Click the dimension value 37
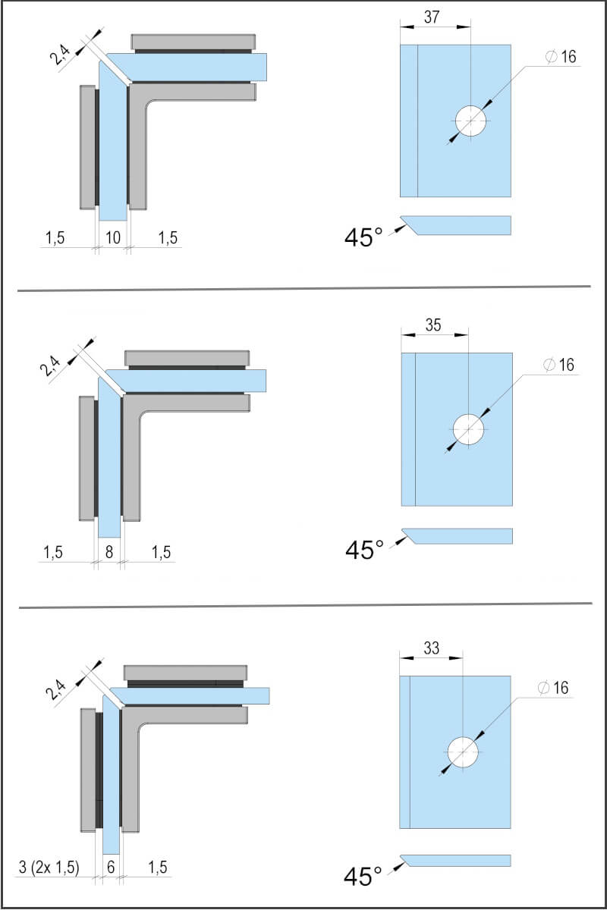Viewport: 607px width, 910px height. point(432,17)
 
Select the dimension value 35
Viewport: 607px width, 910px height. point(433,325)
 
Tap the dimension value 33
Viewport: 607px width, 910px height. point(431,648)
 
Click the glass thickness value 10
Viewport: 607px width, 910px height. point(112,238)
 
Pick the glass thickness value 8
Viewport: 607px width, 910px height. point(109,552)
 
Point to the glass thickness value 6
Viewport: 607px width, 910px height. point(111,868)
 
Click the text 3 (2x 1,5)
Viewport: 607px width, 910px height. point(48,868)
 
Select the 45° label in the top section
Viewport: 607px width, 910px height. point(363,237)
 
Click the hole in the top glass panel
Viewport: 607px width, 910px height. point(471,121)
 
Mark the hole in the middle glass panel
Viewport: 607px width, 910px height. point(469,429)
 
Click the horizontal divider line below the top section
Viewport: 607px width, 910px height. point(303,288)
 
